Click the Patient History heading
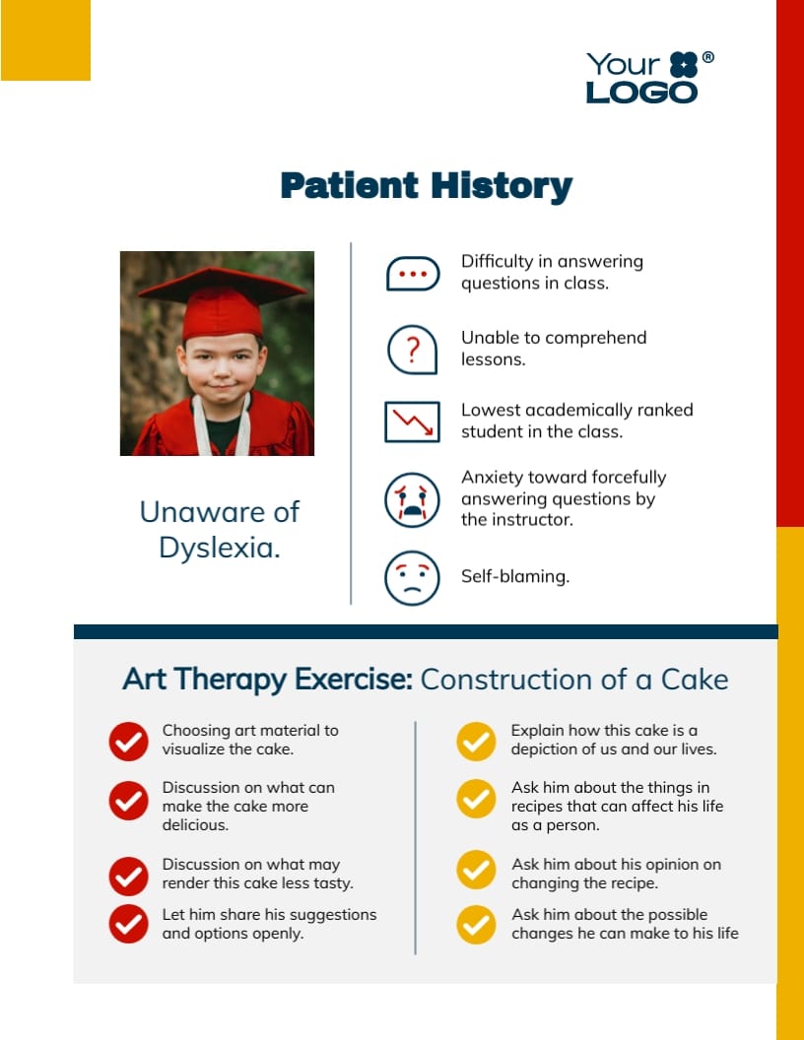pyautogui.click(x=426, y=185)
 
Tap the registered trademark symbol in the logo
pyautogui.click(x=707, y=58)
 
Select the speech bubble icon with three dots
pyautogui.click(x=412, y=274)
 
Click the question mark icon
pyautogui.click(x=412, y=349)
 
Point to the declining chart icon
pyautogui.click(x=412, y=422)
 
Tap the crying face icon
pyautogui.click(x=411, y=499)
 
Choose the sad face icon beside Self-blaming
pyautogui.click(x=411, y=577)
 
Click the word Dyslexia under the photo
pyautogui.click(x=220, y=548)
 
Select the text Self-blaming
pyautogui.click(x=514, y=577)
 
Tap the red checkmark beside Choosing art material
pyautogui.click(x=128, y=741)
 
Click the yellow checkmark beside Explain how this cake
pyautogui.click(x=476, y=741)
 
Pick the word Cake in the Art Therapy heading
pyautogui.click(x=694, y=680)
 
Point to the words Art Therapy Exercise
pyautogui.click(x=267, y=680)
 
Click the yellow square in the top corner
pyautogui.click(x=45, y=40)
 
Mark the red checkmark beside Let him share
pyautogui.click(x=128, y=924)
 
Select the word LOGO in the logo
pyautogui.click(x=641, y=93)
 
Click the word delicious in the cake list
pyautogui.click(x=195, y=825)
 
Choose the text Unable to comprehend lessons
pyautogui.click(x=554, y=348)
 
